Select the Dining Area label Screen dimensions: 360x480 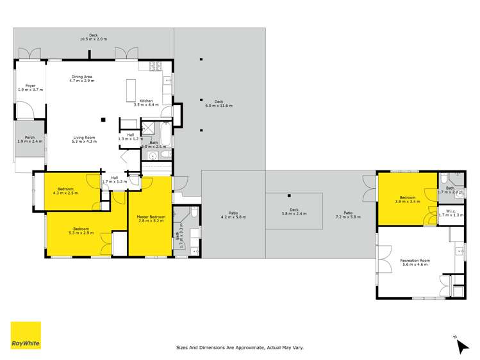82,79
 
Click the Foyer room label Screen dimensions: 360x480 30,87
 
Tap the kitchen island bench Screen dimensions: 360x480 132,87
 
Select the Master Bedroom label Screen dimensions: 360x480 151,218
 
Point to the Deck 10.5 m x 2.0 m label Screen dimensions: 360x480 94,37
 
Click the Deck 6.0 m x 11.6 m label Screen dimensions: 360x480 219,103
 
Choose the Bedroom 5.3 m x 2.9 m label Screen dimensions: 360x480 81,231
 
